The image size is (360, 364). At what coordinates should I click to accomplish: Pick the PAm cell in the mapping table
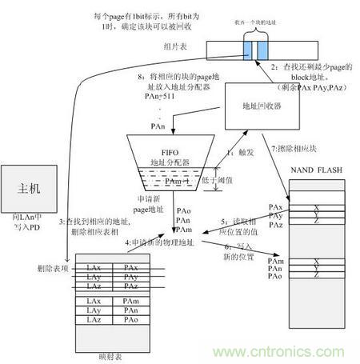[132, 300]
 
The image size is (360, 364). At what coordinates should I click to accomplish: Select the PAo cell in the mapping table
[132, 320]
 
